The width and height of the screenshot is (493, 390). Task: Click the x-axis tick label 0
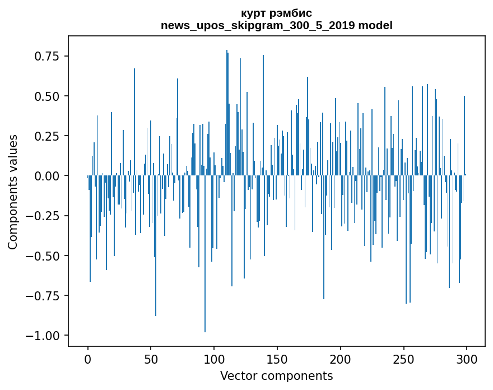tap(88, 359)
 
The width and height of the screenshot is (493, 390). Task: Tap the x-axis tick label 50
tap(151, 359)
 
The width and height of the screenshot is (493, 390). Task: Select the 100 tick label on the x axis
tap(214, 359)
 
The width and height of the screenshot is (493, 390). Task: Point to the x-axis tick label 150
tap(277, 359)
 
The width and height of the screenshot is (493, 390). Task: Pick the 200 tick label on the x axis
tap(341, 359)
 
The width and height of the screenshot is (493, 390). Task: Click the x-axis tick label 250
tap(404, 359)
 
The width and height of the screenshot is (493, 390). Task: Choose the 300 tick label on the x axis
tap(467, 359)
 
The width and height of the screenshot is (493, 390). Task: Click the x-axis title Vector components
tap(276, 375)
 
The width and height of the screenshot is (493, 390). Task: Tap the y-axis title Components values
tap(13, 192)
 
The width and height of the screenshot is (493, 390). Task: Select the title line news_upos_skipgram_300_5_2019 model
tap(276, 25)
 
